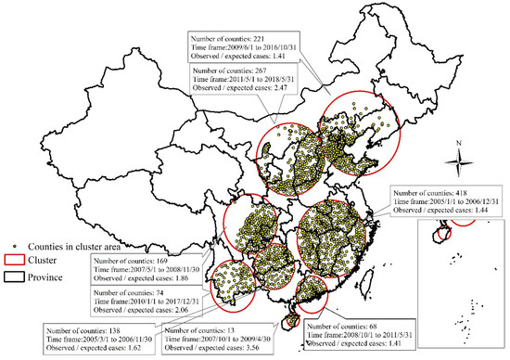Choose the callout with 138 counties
(96, 338)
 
